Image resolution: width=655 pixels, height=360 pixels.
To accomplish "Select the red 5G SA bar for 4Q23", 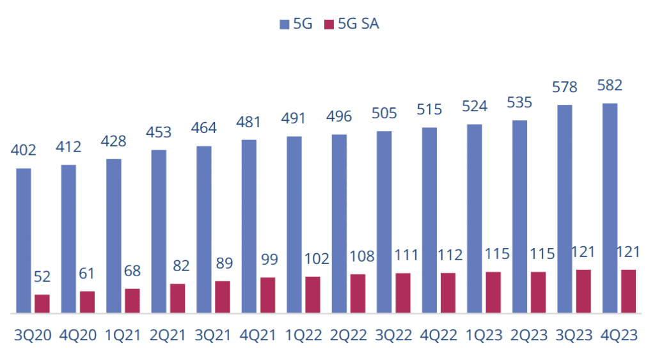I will pyautogui.click(x=628, y=292).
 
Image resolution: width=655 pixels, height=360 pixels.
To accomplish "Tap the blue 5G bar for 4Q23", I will pyautogui.click(x=610, y=208).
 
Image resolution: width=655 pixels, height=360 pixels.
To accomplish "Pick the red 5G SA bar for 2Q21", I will pyautogui.click(x=177, y=299).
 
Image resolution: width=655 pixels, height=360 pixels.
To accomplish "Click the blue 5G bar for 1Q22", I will pyautogui.click(x=294, y=224).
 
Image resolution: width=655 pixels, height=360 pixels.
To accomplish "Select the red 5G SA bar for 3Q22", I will pyautogui.click(x=403, y=293).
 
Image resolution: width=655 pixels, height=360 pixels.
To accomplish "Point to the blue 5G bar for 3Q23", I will pyautogui.click(x=565, y=208).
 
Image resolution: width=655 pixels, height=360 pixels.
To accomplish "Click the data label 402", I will pyautogui.click(x=24, y=151).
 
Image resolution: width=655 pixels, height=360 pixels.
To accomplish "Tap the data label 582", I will pyautogui.click(x=610, y=86).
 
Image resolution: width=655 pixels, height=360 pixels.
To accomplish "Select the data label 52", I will pyautogui.click(x=42, y=278).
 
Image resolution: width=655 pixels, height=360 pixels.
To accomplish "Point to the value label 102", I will pyautogui.click(x=312, y=259).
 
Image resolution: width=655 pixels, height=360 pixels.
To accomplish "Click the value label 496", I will pyautogui.click(x=339, y=118).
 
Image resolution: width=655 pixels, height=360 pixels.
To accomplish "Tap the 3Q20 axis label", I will pyautogui.click(x=33, y=336).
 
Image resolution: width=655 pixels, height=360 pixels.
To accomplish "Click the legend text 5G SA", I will pyautogui.click(x=359, y=25).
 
